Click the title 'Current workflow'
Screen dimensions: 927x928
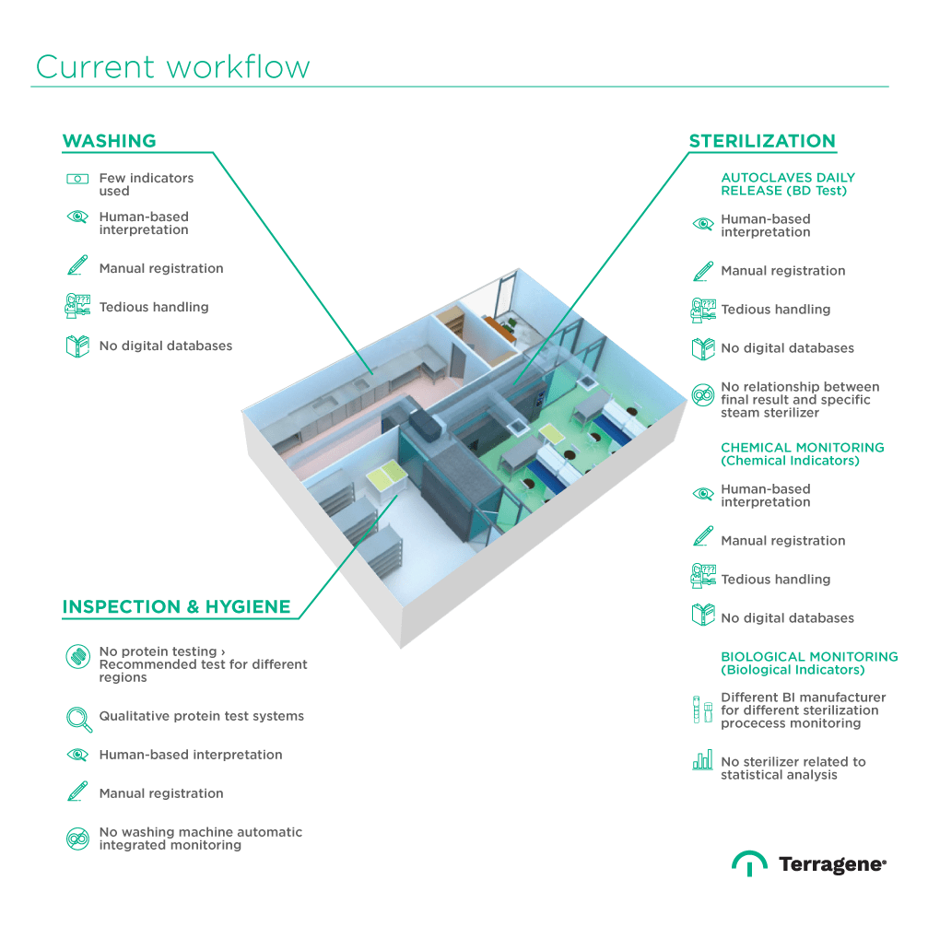pyautogui.click(x=172, y=67)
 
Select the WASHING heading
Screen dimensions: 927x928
pyautogui.click(x=109, y=141)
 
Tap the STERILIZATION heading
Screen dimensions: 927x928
pyautogui.click(x=762, y=141)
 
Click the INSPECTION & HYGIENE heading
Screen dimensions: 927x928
pyautogui.click(x=176, y=606)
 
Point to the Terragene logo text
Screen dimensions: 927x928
pyautogui.click(x=831, y=864)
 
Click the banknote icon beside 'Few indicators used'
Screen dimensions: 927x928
pyautogui.click(x=77, y=179)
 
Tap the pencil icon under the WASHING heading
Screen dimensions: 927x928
pyautogui.click(x=77, y=267)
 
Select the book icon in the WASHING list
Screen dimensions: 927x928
pyautogui.click(x=77, y=346)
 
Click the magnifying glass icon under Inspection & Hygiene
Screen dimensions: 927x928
pyautogui.click(x=78, y=717)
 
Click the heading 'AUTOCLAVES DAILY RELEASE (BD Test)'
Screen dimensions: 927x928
pyautogui.click(x=788, y=183)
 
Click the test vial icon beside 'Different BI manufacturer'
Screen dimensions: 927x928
pyautogui.click(x=702, y=710)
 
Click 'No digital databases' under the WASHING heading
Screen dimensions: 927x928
pyautogui.click(x=166, y=346)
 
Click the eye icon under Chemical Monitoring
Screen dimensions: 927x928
pyautogui.click(x=702, y=494)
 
